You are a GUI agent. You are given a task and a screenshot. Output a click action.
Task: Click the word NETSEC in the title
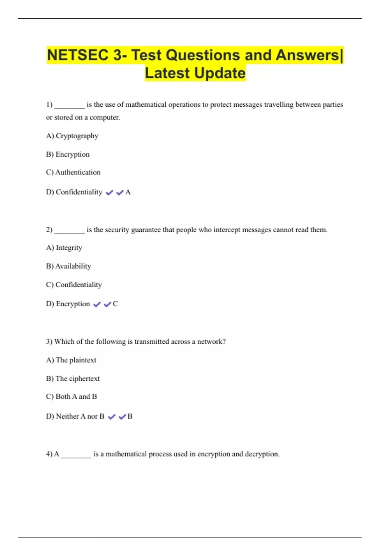click(78, 55)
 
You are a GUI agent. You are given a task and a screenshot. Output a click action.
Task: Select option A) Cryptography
click(72, 136)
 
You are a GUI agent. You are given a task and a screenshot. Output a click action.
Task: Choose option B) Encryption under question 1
click(68, 154)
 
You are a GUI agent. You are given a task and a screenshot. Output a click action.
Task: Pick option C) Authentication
click(73, 172)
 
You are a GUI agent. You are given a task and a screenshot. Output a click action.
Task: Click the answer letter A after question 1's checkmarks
click(128, 192)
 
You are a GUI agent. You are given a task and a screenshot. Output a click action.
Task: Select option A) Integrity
click(64, 247)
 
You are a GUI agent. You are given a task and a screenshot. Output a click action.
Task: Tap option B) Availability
click(68, 266)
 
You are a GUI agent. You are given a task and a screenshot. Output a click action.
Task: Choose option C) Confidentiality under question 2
click(74, 285)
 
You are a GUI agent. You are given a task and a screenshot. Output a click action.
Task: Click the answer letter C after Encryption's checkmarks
click(115, 304)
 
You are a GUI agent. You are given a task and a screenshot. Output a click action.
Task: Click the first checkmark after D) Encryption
click(97, 304)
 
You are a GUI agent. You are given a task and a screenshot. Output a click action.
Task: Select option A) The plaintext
click(71, 360)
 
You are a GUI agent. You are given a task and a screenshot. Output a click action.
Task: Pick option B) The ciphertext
click(73, 378)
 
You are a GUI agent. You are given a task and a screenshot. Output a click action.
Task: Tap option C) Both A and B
click(72, 397)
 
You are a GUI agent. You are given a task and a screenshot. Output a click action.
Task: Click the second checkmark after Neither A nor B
click(122, 417)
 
